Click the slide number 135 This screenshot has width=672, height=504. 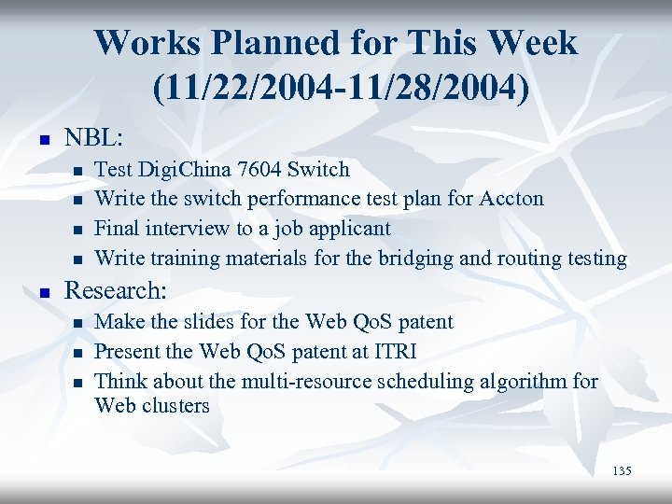[622, 471]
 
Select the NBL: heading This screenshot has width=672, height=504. [93, 138]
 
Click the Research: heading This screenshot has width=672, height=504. [115, 290]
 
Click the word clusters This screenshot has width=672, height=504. [177, 406]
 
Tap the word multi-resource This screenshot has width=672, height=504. [283, 381]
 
